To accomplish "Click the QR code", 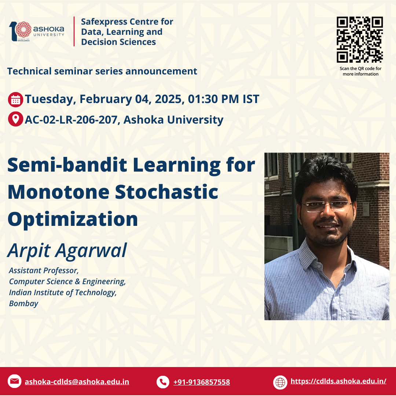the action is [360, 40].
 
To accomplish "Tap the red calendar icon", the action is [15, 99].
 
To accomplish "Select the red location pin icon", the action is [15, 119].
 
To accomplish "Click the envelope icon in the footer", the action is [14, 381].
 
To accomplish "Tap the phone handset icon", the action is [163, 382].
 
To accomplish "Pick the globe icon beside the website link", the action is [280, 382].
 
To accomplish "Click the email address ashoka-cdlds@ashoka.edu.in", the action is [77, 382].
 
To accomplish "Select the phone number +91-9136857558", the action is [202, 382].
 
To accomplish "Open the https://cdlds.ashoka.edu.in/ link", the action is [338, 381].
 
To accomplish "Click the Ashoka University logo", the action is [37, 31].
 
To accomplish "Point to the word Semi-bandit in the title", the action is [67, 165].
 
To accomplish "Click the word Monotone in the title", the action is [58, 192].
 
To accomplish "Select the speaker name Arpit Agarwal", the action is [67, 250].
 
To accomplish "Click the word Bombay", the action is [23, 303].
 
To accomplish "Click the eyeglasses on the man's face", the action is [327, 206].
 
